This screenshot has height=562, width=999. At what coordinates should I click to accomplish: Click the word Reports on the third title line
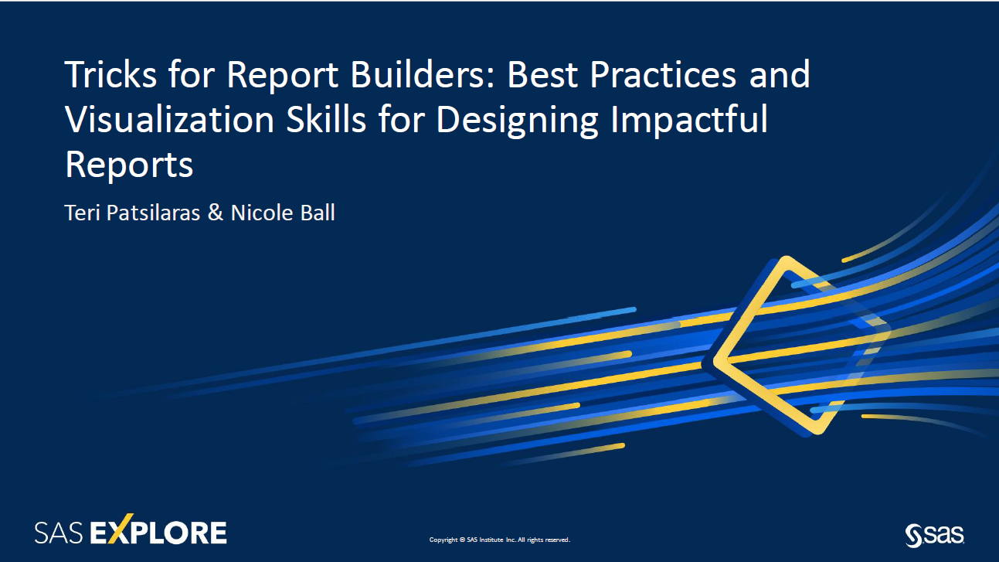[129, 166]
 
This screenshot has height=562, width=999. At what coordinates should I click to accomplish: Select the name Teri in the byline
[81, 213]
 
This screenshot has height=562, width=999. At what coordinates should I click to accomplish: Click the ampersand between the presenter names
[215, 213]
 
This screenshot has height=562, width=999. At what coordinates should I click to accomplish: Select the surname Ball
[317, 213]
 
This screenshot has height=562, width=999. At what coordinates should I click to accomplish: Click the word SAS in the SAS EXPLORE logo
[59, 533]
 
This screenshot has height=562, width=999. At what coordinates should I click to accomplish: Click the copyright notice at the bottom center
[499, 540]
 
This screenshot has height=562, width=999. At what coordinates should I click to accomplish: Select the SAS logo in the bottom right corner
[934, 533]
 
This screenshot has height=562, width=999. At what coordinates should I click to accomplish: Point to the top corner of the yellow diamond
[787, 261]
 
